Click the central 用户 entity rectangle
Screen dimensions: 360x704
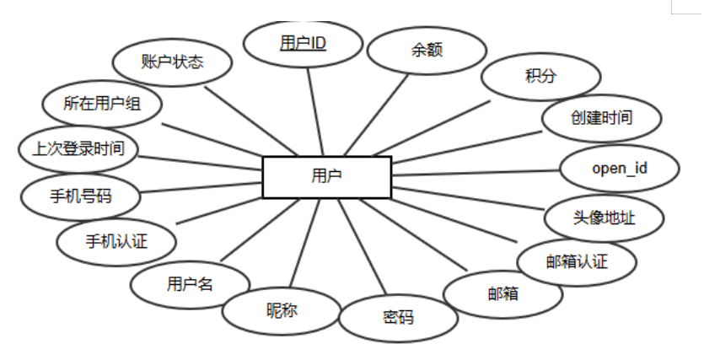point(326,177)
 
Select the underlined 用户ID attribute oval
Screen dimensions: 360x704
point(303,43)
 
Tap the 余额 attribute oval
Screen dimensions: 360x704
point(426,50)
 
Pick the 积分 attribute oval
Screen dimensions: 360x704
point(540,76)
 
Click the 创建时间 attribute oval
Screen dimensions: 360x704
point(599,117)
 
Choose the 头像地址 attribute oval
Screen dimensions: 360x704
point(604,218)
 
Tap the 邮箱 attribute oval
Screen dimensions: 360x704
point(502,294)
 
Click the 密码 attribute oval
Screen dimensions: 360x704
point(398,319)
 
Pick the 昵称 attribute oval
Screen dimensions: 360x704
point(282,310)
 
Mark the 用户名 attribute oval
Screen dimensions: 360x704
point(190,284)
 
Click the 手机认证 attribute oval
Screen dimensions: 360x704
point(116,242)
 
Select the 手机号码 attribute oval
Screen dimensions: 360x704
point(80,197)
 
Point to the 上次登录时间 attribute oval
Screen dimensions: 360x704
point(78,149)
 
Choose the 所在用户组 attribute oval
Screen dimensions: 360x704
point(102,103)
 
